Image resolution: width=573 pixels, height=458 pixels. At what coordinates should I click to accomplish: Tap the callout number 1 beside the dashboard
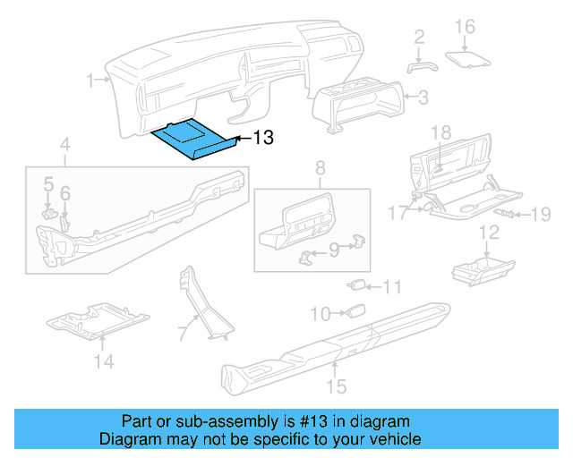pyautogui.click(x=91, y=81)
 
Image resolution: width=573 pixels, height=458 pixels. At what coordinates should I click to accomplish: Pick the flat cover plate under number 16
pyautogui.click(x=469, y=58)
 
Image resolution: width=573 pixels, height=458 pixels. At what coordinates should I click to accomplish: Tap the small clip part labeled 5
pyautogui.click(x=50, y=212)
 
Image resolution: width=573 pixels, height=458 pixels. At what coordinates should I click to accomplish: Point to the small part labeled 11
pyautogui.click(x=357, y=286)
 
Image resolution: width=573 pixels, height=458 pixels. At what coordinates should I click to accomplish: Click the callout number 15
pyautogui.click(x=336, y=386)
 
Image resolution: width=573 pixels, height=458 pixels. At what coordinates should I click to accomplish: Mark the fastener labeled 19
pyautogui.click(x=511, y=214)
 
